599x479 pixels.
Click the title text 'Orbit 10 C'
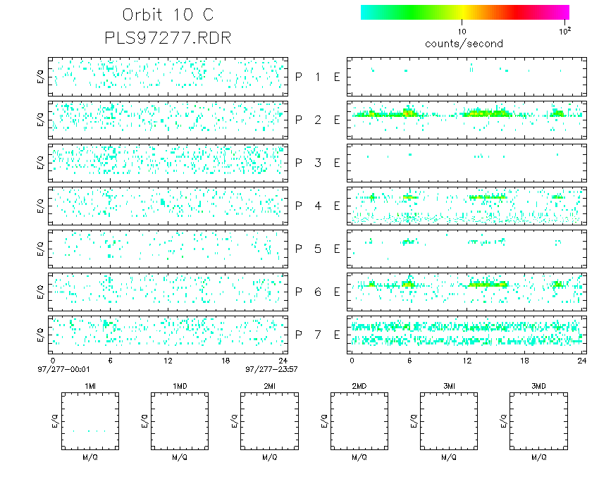168,15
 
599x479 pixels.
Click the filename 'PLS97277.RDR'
168,37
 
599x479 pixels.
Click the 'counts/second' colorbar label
464,44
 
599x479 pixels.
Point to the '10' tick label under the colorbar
462,32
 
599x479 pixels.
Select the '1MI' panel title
89,386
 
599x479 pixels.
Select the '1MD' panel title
180,386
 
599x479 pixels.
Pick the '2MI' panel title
269,386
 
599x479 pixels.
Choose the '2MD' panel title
359,386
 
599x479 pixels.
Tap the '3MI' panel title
449,386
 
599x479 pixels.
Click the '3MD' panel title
539,386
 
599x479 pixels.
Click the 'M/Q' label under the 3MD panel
539,458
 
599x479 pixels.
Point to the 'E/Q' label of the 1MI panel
55,422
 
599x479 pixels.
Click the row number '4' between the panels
318,206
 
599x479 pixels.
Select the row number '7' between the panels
318,335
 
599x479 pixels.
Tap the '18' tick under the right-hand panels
524,360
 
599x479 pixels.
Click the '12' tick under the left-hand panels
168,360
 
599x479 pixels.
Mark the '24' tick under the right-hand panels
581,360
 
